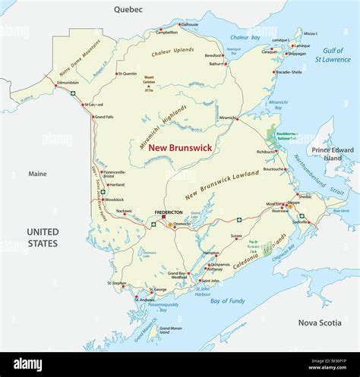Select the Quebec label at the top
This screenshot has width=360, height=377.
128,9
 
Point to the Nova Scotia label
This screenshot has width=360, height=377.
319,322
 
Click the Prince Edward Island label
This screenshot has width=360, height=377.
337,155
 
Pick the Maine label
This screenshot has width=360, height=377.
37,174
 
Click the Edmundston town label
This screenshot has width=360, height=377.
68,83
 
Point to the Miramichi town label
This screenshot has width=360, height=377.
227,118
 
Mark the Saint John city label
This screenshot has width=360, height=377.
210,281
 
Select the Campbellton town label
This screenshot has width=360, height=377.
166,33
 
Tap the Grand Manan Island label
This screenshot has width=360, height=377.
171,331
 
